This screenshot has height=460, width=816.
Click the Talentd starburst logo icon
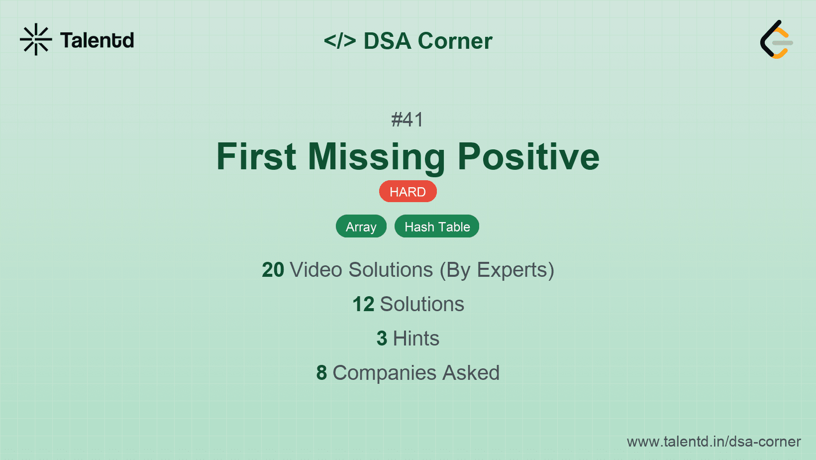(36, 39)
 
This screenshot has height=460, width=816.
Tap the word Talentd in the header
(97, 40)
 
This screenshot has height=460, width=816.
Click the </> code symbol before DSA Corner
(340, 41)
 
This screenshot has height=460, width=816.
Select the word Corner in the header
(455, 41)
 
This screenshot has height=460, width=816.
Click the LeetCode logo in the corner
(776, 40)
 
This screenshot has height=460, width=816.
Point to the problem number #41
(408, 120)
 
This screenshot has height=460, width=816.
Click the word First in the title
(256, 157)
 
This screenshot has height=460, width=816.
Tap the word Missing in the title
(377, 157)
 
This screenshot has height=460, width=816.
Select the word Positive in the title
(528, 157)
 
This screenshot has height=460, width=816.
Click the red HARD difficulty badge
(408, 192)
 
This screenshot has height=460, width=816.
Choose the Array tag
(361, 227)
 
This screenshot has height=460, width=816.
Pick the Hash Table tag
(437, 227)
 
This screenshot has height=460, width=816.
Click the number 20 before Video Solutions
(273, 270)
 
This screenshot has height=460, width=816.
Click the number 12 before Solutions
(363, 304)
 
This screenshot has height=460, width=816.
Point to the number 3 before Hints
(382, 339)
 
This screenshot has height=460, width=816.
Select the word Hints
(416, 339)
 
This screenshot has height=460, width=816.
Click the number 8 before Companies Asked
(321, 373)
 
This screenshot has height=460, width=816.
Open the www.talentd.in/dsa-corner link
(714, 442)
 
